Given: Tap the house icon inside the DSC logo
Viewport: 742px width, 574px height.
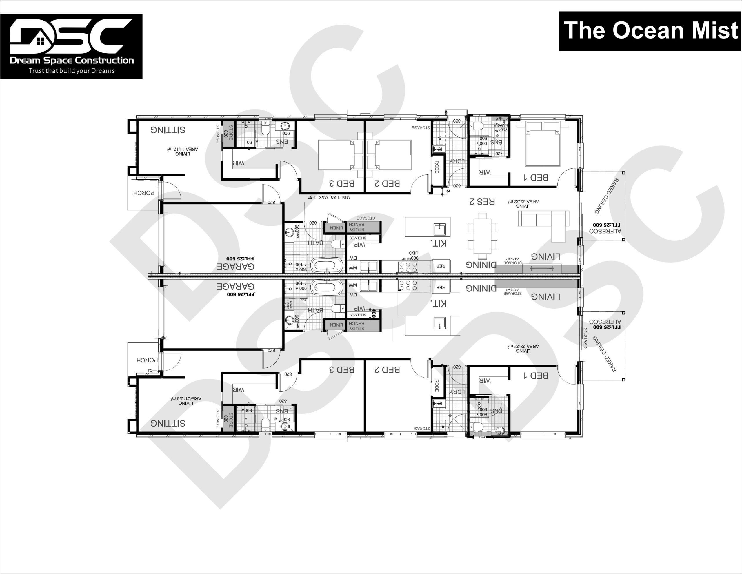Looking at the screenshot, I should [x=40, y=41].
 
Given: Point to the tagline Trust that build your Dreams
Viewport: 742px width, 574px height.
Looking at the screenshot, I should [x=71, y=71].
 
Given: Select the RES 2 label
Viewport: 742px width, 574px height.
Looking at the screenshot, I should [x=482, y=201].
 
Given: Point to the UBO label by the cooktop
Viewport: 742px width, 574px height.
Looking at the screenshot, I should [x=414, y=253].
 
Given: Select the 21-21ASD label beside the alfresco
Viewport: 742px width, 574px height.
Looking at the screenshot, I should [x=585, y=338].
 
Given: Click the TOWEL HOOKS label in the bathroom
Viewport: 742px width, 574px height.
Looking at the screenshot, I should [x=288, y=304].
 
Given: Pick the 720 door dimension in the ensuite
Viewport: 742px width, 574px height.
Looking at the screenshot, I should [x=499, y=154].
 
